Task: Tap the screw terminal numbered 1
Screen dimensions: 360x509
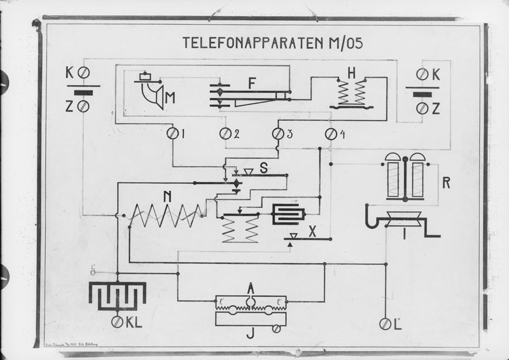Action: [172, 134]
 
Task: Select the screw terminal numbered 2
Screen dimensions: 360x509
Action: [225, 134]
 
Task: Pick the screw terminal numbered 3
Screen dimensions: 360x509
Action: [278, 134]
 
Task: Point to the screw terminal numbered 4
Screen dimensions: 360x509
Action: [331, 134]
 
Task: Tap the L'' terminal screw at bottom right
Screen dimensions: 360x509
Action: [385, 324]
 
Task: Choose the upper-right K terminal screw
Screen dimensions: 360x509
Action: [421, 74]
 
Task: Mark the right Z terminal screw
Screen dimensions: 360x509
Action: [421, 109]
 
